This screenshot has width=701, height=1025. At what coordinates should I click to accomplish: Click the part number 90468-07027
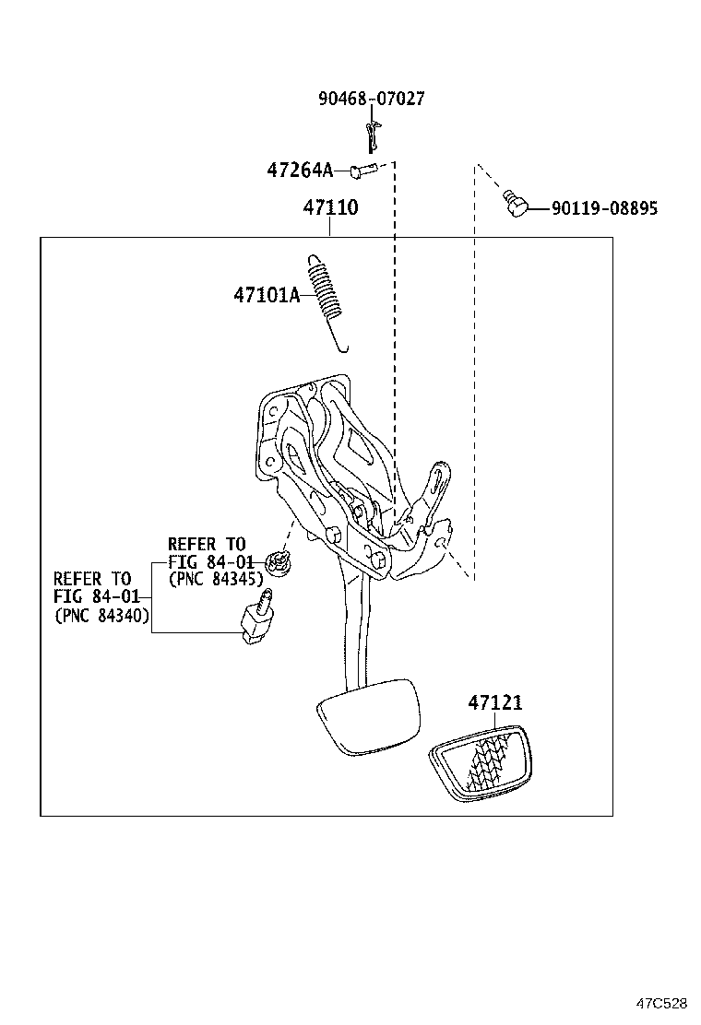pyautogui.click(x=372, y=99)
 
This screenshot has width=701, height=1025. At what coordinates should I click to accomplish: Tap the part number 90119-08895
pyautogui.click(x=604, y=209)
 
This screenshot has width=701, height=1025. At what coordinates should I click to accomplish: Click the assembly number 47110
pyautogui.click(x=330, y=208)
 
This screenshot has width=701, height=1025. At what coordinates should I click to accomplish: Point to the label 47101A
pyautogui.click(x=267, y=295)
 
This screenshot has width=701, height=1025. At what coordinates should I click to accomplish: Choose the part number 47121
pyautogui.click(x=494, y=703)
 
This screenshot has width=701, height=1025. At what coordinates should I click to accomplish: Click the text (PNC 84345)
pyautogui.click(x=216, y=579)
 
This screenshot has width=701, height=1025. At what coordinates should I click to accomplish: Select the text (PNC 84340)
pyautogui.click(x=101, y=615)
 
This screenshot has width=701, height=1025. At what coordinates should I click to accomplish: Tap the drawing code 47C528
pyautogui.click(x=659, y=1002)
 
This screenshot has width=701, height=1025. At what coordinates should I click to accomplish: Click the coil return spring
pyautogui.click(x=328, y=297)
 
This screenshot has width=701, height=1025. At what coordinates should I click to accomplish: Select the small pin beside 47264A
pyautogui.click(x=362, y=170)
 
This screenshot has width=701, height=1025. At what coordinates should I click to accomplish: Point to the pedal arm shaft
pyautogui.click(x=354, y=627)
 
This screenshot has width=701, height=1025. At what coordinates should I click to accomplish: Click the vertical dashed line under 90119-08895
pyautogui.click(x=475, y=369)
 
